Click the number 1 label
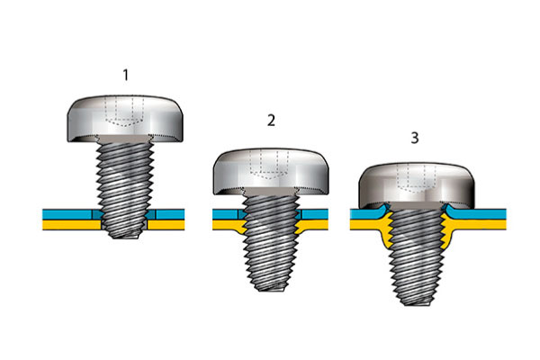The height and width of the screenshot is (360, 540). coord(126,75)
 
